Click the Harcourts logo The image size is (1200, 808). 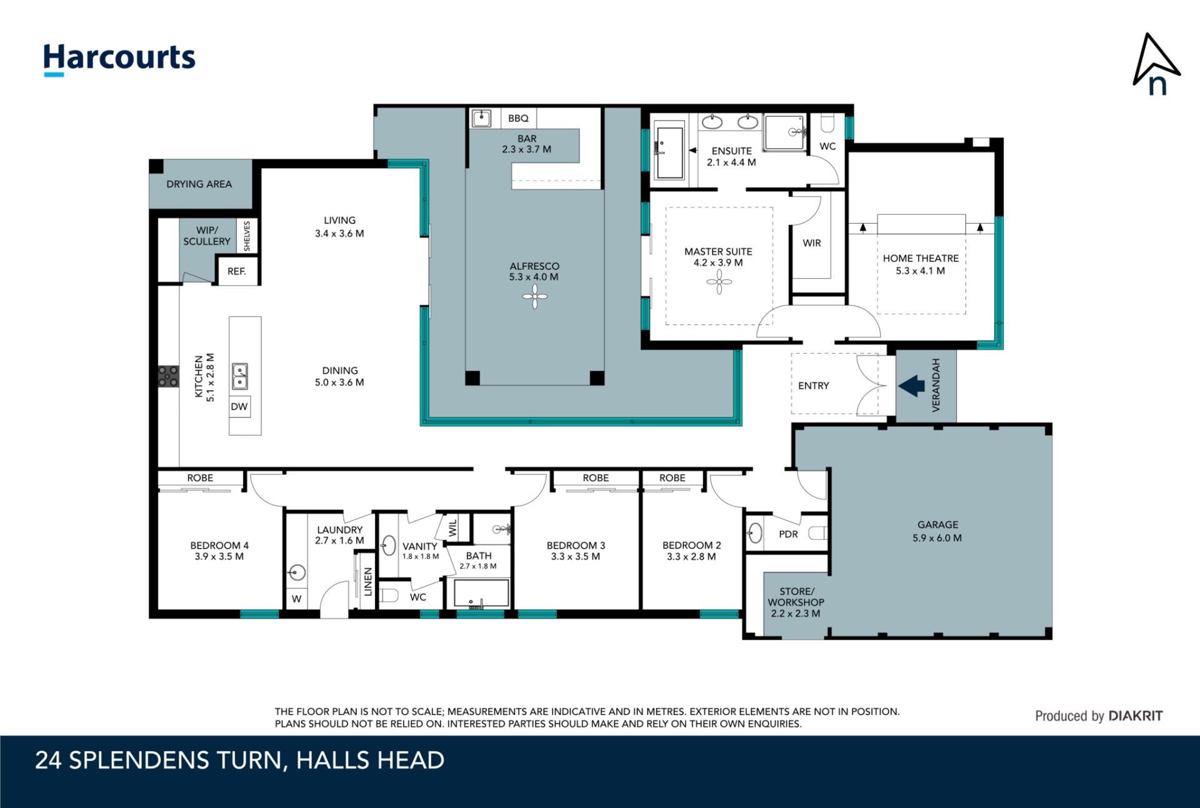(x=119, y=59)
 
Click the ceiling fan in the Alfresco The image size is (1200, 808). (x=534, y=296)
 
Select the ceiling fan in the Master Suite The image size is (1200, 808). (x=719, y=282)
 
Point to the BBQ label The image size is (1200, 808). (x=518, y=118)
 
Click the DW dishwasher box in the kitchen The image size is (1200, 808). (x=239, y=406)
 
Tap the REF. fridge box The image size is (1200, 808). (x=237, y=271)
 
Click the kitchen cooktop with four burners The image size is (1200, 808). (x=168, y=376)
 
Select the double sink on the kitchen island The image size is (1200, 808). (x=240, y=376)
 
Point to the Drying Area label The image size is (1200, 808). (x=199, y=184)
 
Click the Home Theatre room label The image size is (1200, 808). (x=921, y=258)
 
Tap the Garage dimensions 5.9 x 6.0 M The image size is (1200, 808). (x=937, y=537)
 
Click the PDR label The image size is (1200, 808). (x=788, y=534)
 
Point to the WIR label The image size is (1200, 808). (x=812, y=243)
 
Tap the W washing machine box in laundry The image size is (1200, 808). (x=297, y=599)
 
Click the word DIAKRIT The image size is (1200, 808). (x=1136, y=716)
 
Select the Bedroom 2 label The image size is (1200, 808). (x=691, y=546)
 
